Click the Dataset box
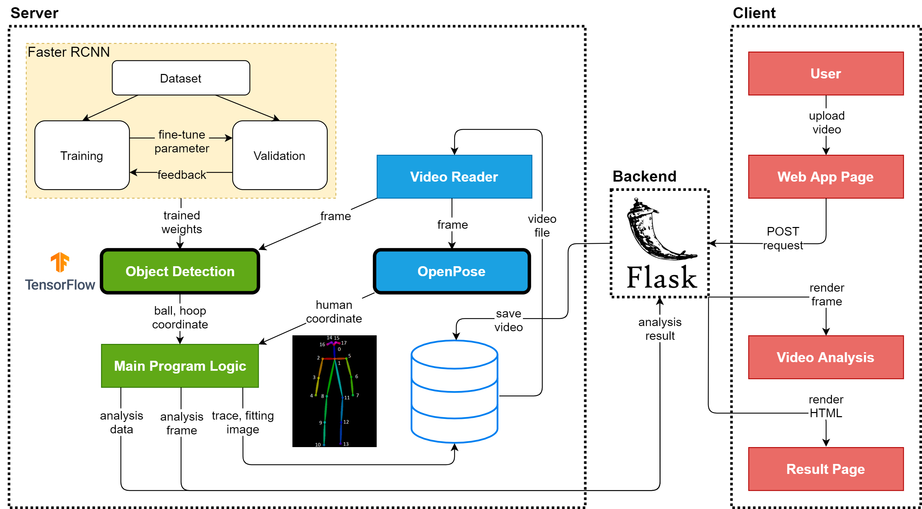(181, 78)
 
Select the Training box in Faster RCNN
(82, 155)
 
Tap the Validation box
(280, 155)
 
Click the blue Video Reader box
(454, 177)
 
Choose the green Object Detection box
(180, 271)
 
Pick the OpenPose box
(451, 271)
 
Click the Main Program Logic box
(180, 366)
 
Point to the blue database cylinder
(454, 391)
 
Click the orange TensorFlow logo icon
(60, 262)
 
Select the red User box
(825, 74)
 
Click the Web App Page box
(825, 177)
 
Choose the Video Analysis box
(825, 357)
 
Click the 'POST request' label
(783, 238)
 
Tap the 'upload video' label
(826, 122)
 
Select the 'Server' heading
(34, 13)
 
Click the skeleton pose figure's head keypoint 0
(335, 346)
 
